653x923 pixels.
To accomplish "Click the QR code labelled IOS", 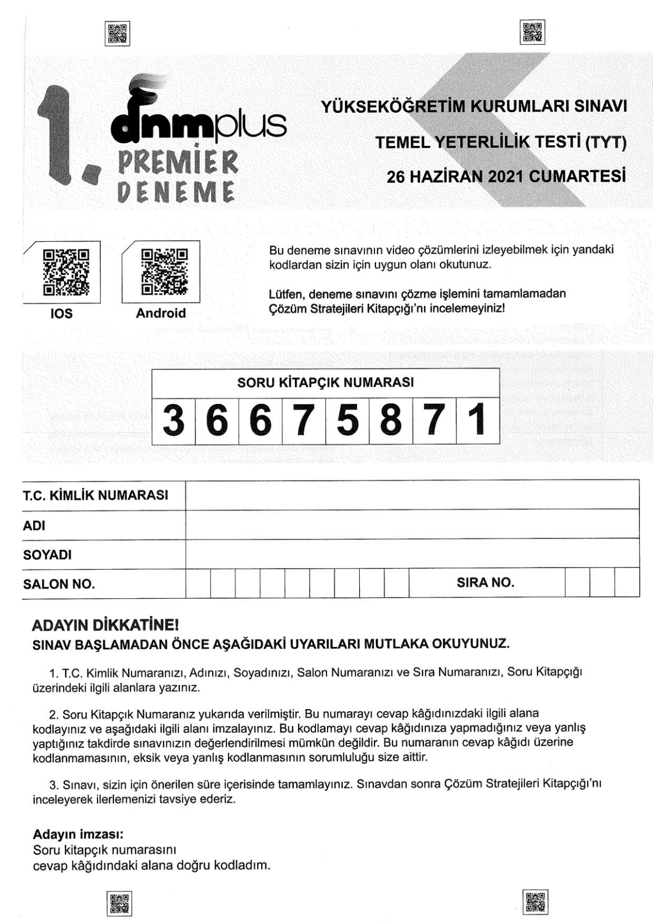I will tap(65, 272).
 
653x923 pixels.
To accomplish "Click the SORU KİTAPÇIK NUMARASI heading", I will tap(325, 383).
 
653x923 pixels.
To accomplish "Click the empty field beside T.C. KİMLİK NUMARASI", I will tap(412, 495).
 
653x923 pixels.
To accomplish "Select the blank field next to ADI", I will tap(412, 525).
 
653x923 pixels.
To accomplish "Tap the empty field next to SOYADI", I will tap(412, 554).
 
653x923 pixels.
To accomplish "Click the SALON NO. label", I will tap(59, 584).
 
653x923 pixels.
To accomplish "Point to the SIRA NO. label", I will tap(485, 583).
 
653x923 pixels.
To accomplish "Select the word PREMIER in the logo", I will tap(178, 162).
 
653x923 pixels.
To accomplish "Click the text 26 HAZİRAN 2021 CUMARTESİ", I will tap(506, 176).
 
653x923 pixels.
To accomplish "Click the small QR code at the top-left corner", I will tap(117, 34).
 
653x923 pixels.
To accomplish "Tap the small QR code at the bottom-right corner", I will tap(535, 902).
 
